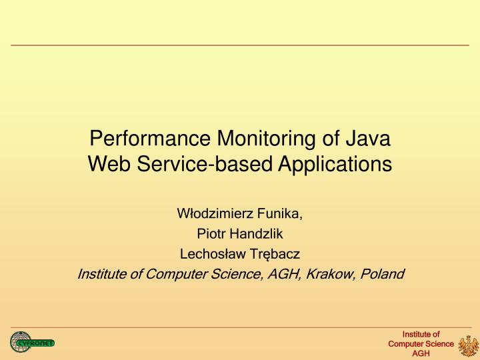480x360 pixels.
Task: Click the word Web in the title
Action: point(107,163)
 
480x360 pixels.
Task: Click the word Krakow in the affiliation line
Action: point(332,273)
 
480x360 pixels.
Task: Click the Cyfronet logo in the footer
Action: point(31,343)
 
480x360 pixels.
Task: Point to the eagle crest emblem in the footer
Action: point(469,344)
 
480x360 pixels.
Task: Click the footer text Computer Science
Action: point(421,344)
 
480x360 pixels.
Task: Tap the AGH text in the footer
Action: point(421,353)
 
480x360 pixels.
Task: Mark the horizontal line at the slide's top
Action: point(240,45)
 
